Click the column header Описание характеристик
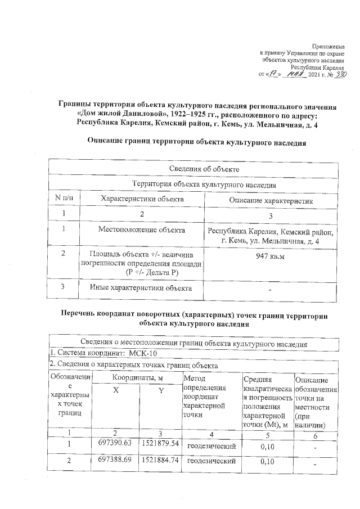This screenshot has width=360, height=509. click(270, 200)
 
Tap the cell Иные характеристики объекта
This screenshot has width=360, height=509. click(141, 288)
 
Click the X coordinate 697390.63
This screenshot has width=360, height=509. click(115, 443)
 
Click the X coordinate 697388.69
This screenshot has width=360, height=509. click(115, 460)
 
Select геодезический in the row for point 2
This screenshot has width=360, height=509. click(210, 461)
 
